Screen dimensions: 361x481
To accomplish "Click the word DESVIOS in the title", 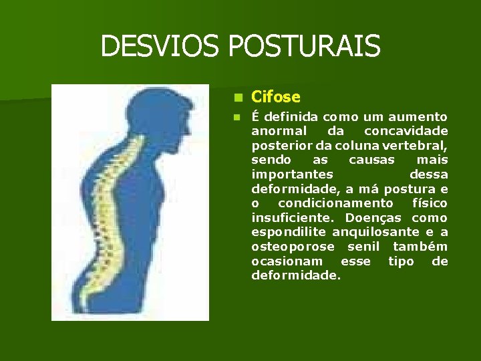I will [160, 47].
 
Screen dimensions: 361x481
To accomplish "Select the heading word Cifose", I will [275, 97].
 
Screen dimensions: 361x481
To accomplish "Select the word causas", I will [371, 160].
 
